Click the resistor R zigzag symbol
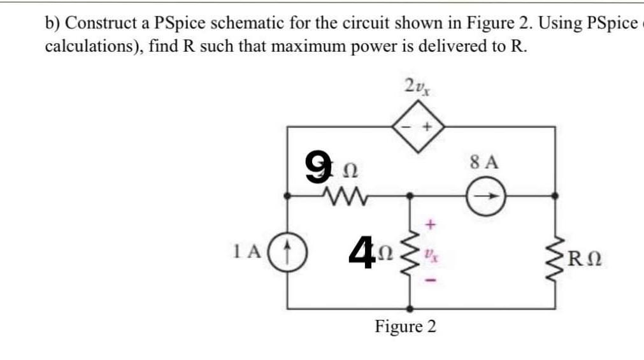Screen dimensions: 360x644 click(560, 260)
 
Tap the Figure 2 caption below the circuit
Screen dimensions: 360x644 click(405, 327)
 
